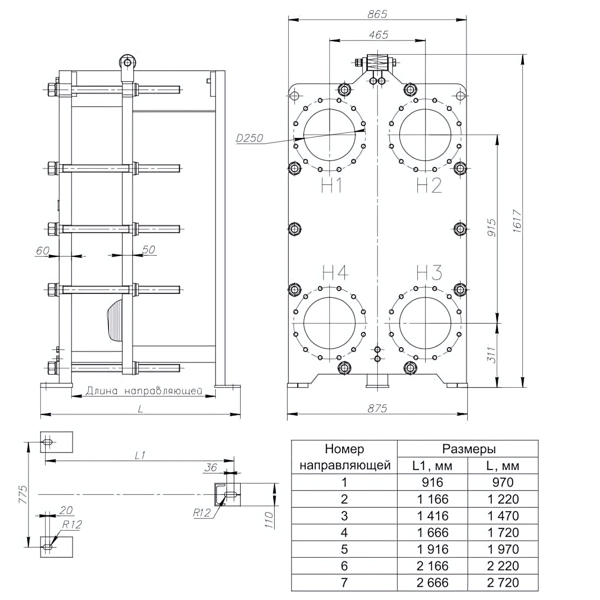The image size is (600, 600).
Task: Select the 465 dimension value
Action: (x=379, y=35)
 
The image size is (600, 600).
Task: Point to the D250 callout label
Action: (x=249, y=138)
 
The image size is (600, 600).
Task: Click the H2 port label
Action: (x=429, y=185)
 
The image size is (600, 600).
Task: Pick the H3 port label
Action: (x=429, y=272)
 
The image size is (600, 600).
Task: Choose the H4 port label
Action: (x=335, y=272)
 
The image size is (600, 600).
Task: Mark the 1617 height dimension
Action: (x=517, y=221)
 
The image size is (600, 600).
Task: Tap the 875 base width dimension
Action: (x=377, y=409)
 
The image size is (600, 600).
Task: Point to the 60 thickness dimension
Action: (x=43, y=250)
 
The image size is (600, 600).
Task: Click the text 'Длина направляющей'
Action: (x=144, y=391)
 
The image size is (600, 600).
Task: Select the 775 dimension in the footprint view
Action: (x=22, y=494)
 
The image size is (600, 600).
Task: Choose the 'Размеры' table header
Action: (x=469, y=449)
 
